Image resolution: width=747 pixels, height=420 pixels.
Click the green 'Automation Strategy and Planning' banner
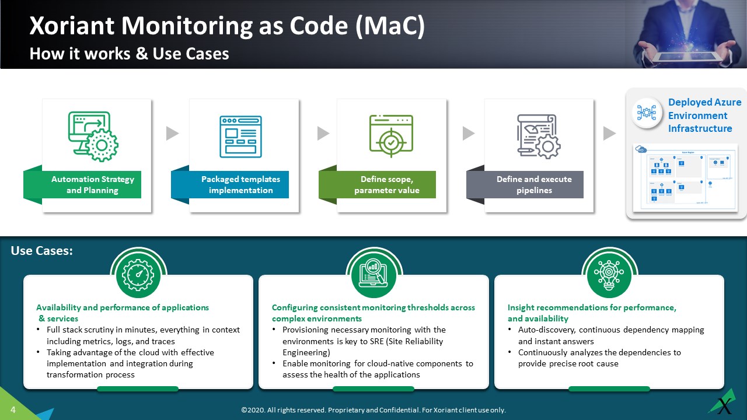(92, 185)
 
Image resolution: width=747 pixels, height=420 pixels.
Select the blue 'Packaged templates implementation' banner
(240, 185)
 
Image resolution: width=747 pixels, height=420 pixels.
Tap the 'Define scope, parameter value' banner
(386, 185)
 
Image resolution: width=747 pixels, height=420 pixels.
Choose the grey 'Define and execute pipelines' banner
(533, 185)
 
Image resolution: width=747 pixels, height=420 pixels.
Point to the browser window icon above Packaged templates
(240, 136)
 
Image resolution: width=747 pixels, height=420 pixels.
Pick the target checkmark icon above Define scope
(391, 136)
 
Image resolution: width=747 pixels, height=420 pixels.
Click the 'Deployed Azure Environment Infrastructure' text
(704, 116)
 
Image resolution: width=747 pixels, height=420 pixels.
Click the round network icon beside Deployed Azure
(647, 113)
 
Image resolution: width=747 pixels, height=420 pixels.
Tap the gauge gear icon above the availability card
(138, 275)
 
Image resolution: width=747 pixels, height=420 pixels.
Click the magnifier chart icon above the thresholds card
(373, 275)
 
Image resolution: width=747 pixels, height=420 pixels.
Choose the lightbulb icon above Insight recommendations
(609, 275)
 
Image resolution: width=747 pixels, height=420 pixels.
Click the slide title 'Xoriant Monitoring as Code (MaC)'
(227, 26)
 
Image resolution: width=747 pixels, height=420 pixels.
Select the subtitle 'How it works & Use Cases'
(129, 54)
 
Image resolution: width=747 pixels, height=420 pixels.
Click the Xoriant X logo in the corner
(724, 404)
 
